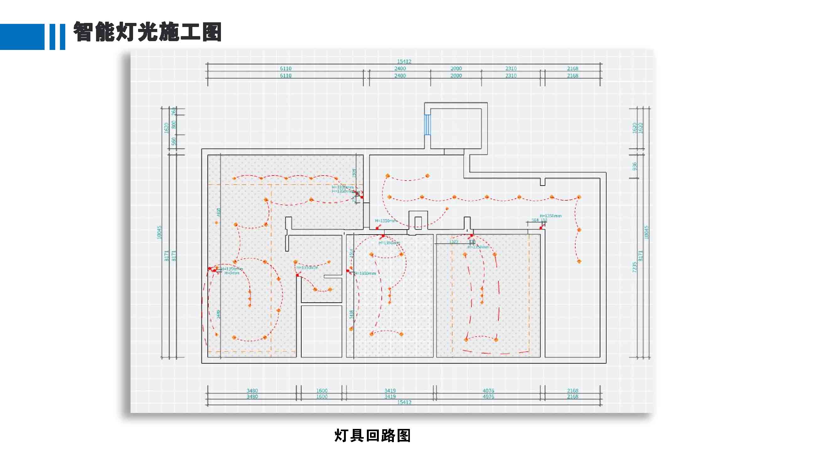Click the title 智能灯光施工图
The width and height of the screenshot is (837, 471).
click(x=147, y=32)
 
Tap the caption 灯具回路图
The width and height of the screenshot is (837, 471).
click(x=372, y=436)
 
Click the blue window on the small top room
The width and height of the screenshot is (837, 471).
click(x=427, y=124)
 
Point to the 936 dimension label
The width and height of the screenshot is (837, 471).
click(x=635, y=166)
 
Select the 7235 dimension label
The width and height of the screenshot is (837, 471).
click(x=635, y=267)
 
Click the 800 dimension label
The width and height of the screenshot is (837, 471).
click(x=174, y=124)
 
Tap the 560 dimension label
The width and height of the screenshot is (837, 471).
click(x=174, y=141)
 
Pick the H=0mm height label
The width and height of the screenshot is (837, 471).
click(x=232, y=273)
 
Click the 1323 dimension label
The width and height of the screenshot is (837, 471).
click(x=453, y=241)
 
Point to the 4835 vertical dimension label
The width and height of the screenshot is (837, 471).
click(x=219, y=212)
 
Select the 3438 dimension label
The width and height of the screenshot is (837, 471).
click(x=351, y=314)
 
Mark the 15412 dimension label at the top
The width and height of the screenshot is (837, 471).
click(x=404, y=61)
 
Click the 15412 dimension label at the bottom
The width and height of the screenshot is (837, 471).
click(x=404, y=403)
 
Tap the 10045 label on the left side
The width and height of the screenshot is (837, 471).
click(x=159, y=232)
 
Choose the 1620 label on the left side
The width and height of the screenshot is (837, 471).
click(x=167, y=128)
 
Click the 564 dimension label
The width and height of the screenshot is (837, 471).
click(x=535, y=220)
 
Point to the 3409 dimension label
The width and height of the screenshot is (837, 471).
click(x=218, y=314)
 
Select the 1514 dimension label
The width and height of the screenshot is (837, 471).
click(x=351, y=253)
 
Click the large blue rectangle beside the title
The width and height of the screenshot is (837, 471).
click(x=22, y=37)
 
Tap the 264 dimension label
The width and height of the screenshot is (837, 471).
click(x=174, y=111)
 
